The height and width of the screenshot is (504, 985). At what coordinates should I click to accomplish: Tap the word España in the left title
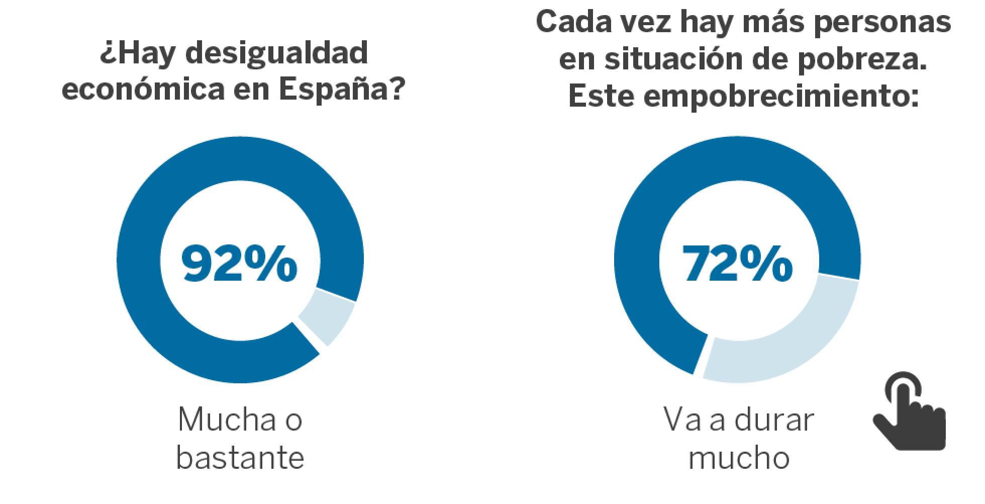pos(342,91)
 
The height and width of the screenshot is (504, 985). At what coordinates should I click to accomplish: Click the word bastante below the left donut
pos(240,458)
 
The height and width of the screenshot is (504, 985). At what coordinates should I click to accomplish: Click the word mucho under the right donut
pos(739,458)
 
